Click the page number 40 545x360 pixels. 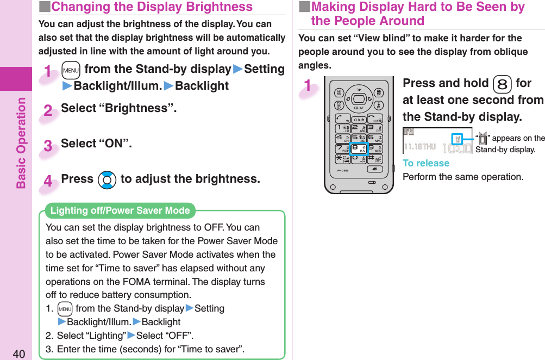tap(18, 354)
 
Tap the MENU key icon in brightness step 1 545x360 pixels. tap(70, 70)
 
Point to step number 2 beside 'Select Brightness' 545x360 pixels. tap(48, 111)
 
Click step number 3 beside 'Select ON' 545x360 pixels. tap(48, 146)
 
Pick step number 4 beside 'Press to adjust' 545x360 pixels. tap(48, 182)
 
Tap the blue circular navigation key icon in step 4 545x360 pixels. tap(107, 180)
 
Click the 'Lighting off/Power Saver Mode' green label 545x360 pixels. tap(120, 210)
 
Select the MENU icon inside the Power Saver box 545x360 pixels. tap(65, 309)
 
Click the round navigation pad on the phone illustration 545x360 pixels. tap(358, 99)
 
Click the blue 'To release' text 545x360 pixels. tap(425, 163)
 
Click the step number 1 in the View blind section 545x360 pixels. tap(309, 86)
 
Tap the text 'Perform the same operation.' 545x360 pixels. tap(463, 177)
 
